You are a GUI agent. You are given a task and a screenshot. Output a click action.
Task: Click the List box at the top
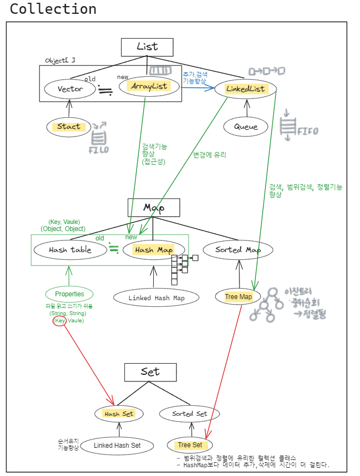click(147, 47)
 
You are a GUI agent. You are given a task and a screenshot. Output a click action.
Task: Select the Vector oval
click(70, 88)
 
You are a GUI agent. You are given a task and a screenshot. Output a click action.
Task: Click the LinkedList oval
click(246, 89)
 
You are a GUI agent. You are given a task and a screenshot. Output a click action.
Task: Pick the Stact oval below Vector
click(69, 127)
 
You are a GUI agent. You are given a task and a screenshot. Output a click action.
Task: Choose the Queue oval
click(246, 127)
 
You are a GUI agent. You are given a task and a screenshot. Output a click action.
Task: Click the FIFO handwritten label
click(308, 132)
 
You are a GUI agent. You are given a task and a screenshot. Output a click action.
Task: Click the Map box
click(154, 207)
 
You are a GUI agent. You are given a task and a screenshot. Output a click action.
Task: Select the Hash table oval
click(70, 249)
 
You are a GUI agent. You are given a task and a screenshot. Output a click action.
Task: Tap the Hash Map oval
click(153, 250)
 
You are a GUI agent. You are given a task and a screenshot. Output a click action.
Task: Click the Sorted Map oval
click(238, 249)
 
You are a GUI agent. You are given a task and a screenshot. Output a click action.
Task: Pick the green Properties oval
click(69, 294)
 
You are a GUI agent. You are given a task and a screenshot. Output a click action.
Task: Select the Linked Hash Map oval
click(156, 298)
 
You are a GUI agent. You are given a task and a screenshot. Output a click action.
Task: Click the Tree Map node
click(238, 297)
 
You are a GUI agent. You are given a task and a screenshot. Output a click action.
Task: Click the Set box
click(150, 372)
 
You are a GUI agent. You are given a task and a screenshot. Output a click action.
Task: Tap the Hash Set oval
click(119, 414)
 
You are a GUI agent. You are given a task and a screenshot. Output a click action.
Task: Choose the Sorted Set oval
click(189, 414)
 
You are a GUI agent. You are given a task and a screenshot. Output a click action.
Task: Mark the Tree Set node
click(190, 444)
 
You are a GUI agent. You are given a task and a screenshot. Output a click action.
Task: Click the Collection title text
click(53, 9)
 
